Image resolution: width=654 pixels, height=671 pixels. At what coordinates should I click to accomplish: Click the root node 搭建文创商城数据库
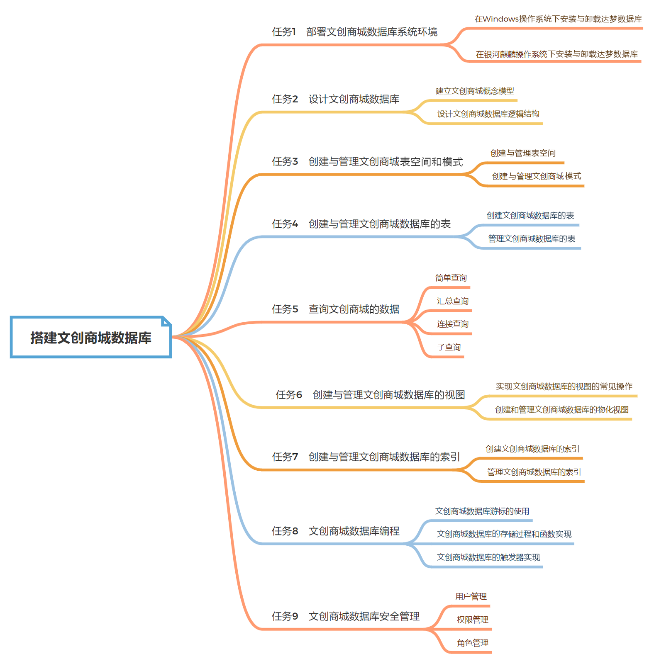(90, 338)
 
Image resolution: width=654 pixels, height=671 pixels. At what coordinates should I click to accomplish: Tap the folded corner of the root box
(166, 321)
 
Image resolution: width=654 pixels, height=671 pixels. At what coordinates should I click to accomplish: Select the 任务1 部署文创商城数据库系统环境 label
(354, 32)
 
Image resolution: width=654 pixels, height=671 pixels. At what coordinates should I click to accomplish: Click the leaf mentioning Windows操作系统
(558, 19)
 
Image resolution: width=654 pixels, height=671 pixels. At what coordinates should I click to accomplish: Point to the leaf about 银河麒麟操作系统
(556, 54)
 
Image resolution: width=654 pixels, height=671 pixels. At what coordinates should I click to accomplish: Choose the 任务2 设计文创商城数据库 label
(335, 99)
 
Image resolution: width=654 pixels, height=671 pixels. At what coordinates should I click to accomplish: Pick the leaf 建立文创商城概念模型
(474, 91)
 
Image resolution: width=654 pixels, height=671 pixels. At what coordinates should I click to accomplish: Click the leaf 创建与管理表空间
(522, 153)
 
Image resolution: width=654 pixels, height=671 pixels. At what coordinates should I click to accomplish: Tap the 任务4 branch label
(361, 224)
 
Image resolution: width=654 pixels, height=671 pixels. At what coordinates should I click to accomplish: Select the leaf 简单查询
(451, 278)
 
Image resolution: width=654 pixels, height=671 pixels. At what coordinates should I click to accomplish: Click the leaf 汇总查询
(452, 301)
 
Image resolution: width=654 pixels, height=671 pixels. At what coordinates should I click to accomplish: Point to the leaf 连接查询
(452, 324)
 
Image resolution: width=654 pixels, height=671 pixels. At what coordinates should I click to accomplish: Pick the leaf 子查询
(449, 347)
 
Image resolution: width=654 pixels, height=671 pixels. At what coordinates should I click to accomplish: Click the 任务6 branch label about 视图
(370, 395)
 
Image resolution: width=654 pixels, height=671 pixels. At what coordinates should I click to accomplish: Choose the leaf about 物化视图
(561, 410)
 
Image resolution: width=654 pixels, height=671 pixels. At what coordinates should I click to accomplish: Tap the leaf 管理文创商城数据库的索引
(534, 472)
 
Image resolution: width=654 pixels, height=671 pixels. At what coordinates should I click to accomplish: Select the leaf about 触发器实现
(488, 557)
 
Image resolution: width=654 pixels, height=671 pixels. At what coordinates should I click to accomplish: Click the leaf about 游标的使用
(482, 511)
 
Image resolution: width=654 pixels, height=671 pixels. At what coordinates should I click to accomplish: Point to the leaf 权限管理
(472, 620)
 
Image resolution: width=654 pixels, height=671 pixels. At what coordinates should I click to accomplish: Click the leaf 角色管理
(472, 643)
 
